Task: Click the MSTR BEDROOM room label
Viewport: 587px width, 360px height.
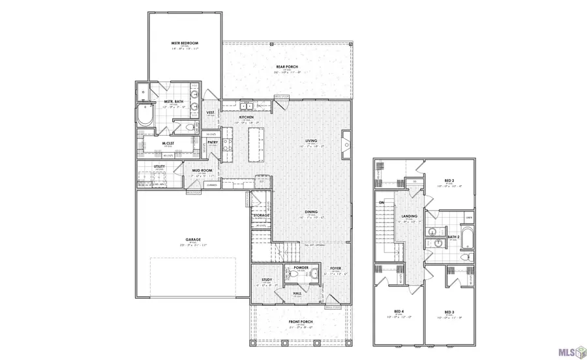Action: (x=185, y=43)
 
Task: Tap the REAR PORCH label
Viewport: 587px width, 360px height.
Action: (x=286, y=67)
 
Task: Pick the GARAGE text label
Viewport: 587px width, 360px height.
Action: (x=192, y=239)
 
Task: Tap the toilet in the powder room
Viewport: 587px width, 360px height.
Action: (x=312, y=275)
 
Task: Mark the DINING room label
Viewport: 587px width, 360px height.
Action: (x=311, y=212)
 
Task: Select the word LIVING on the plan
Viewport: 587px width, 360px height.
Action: (x=311, y=141)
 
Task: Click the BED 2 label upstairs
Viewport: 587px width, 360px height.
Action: (x=449, y=180)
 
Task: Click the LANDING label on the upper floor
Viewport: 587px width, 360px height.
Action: (x=410, y=217)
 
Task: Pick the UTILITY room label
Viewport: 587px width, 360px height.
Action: (x=160, y=167)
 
